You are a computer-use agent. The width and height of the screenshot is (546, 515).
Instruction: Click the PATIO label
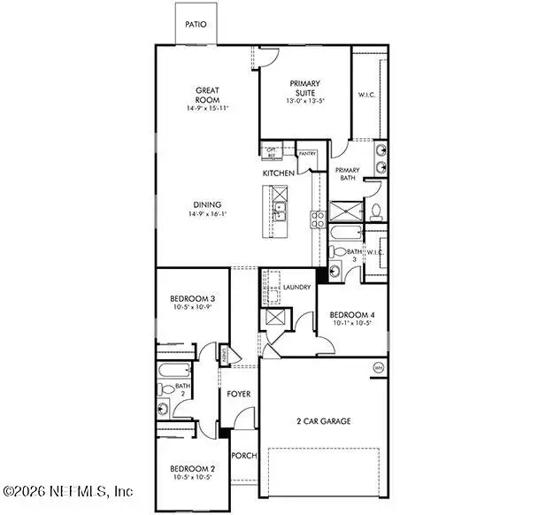pyautogui.click(x=196, y=25)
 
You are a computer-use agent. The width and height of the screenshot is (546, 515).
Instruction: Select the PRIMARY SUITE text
pyautogui.click(x=304, y=88)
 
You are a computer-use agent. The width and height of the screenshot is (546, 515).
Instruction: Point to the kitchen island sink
pyautogui.click(x=280, y=211)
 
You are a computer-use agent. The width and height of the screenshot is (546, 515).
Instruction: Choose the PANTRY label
pyautogui.click(x=307, y=154)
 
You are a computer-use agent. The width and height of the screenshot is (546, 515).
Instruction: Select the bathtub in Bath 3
pyautogui.click(x=343, y=234)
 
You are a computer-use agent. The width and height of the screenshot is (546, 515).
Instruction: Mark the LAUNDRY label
pyautogui.click(x=295, y=288)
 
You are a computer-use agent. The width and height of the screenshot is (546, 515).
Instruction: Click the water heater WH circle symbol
pyautogui.click(x=379, y=367)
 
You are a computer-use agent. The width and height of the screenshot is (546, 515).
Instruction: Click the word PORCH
pyautogui.click(x=243, y=456)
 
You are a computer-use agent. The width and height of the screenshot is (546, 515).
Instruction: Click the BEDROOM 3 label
pyautogui.click(x=193, y=299)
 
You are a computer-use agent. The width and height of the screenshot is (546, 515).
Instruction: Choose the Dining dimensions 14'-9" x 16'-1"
pyautogui.click(x=207, y=214)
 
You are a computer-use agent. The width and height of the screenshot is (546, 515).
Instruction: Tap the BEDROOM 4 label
pyautogui.click(x=351, y=315)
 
